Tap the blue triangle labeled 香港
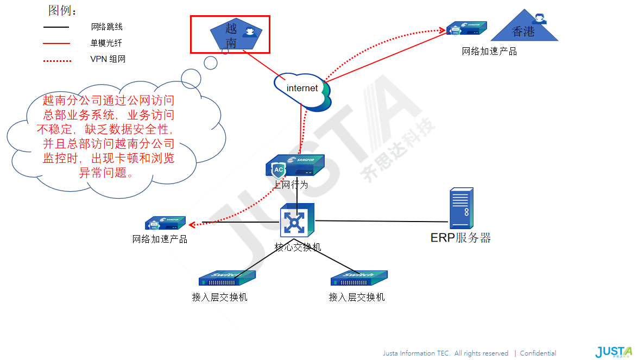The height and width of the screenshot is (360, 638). point(524,30)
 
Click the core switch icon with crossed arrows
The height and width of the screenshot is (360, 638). point(296,222)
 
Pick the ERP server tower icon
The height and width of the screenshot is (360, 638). point(461,209)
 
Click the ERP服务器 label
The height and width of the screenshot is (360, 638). point(460,238)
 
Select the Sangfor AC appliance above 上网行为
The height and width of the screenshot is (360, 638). point(294,166)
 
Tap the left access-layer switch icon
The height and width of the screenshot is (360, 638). point(226,279)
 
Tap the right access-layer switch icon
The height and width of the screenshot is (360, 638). point(359,279)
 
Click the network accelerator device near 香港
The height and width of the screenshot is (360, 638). point(466,28)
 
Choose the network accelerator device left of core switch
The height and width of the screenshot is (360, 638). point(165,223)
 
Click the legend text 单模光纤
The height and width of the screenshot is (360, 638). point(106,43)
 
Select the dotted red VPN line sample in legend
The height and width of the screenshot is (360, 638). point(57,61)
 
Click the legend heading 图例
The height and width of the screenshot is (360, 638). point(63,11)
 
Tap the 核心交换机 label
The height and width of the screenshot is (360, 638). point(298,248)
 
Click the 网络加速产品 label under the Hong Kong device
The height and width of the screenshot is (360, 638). point(489,52)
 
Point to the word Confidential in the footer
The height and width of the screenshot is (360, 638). point(538,353)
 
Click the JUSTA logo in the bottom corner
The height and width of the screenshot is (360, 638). point(613,352)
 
